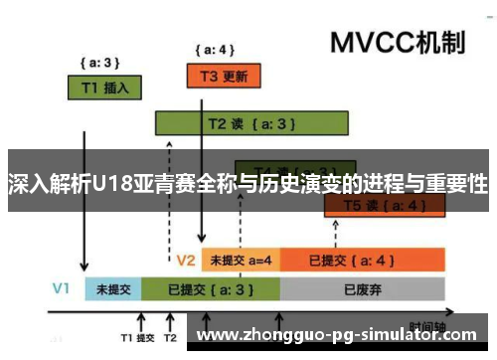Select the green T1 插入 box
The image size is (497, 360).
tap(103, 87)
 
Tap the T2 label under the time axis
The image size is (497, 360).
tap(171, 338)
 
